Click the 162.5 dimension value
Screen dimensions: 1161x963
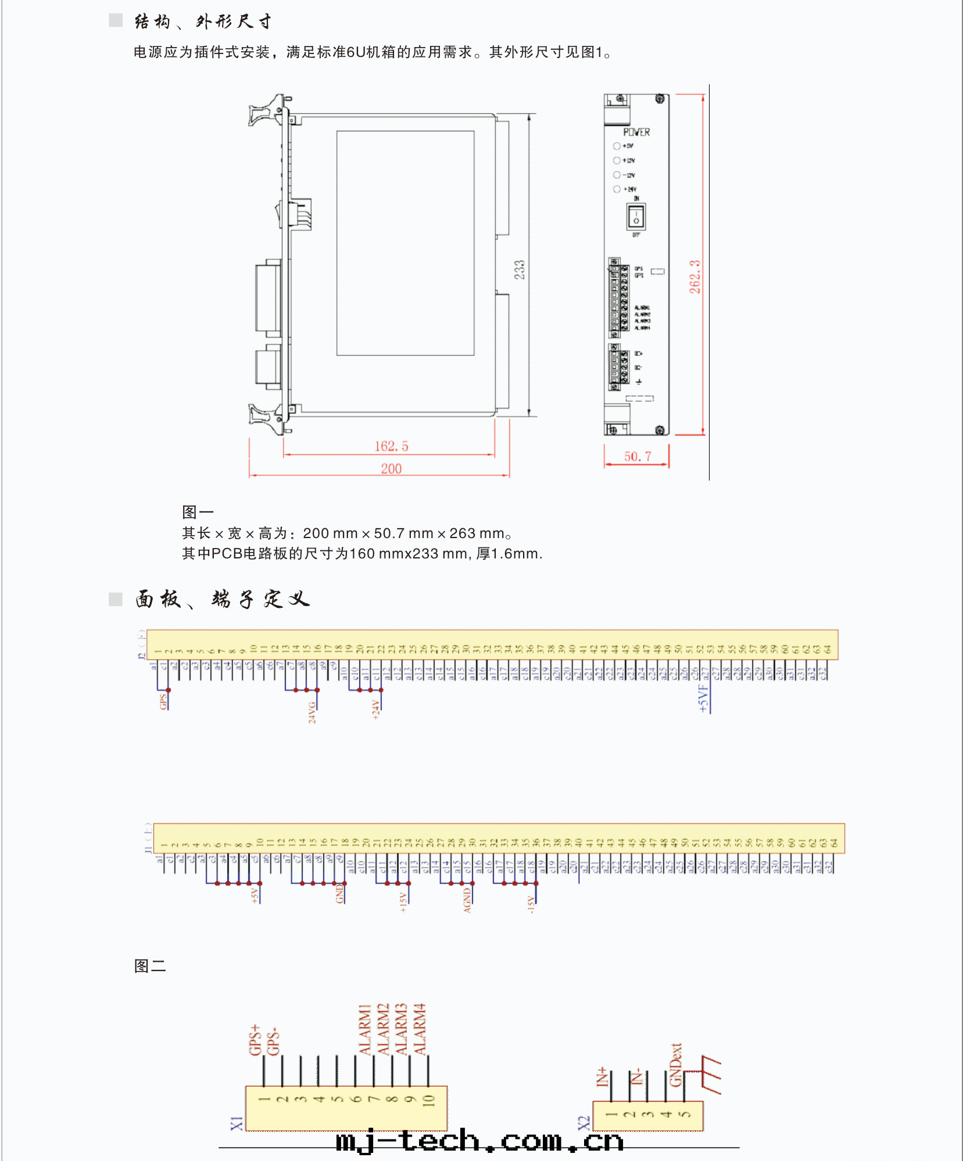coord(391,446)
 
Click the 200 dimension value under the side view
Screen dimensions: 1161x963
coord(391,468)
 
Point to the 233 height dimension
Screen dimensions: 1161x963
coord(520,270)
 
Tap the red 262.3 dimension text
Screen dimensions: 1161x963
coord(695,277)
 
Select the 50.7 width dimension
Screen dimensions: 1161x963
coord(638,457)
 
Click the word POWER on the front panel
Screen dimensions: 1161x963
coord(636,132)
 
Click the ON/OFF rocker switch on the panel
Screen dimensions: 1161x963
coord(636,217)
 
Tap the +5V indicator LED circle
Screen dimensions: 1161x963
coord(617,146)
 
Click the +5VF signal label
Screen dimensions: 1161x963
coord(704,698)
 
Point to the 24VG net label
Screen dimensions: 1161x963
coord(312,712)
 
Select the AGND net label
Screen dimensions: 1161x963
coord(467,901)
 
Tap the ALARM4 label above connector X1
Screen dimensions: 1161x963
coord(420,1029)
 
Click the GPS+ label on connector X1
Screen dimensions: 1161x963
coord(255,1040)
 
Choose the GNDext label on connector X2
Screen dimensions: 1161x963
coord(675,1065)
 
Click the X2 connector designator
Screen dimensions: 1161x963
coord(584,1123)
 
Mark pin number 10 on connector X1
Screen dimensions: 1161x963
coord(428,1099)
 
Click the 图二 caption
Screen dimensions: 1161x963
coord(150,966)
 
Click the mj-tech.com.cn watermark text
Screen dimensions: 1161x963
coord(479,1141)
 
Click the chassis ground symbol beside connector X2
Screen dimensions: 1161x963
coord(711,1074)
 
